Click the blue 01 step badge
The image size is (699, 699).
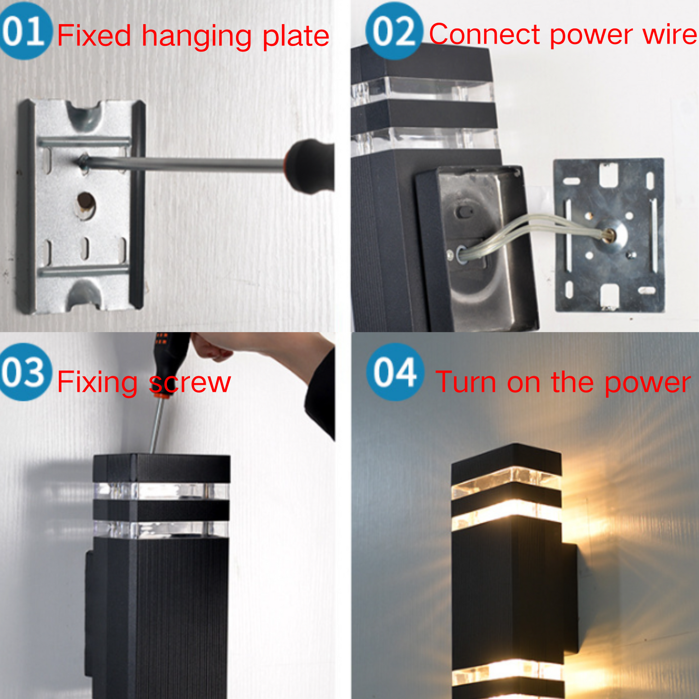[25, 31]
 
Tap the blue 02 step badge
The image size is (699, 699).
[394, 31]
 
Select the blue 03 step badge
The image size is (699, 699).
[25, 372]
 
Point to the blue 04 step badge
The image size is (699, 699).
[395, 372]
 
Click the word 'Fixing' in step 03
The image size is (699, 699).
[97, 382]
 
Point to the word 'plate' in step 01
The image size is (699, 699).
[296, 37]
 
